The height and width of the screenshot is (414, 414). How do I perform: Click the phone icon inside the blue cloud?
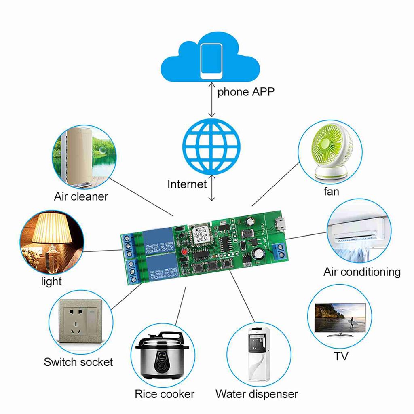(211, 61)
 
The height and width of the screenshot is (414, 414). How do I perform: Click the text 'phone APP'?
(246, 92)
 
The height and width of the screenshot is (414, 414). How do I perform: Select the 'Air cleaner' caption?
(81, 196)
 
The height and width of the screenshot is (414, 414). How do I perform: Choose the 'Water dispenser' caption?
(257, 394)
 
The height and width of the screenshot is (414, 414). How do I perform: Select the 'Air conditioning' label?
(362, 271)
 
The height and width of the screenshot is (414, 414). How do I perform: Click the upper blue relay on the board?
(156, 242)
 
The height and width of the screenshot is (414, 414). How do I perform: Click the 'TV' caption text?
(341, 356)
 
